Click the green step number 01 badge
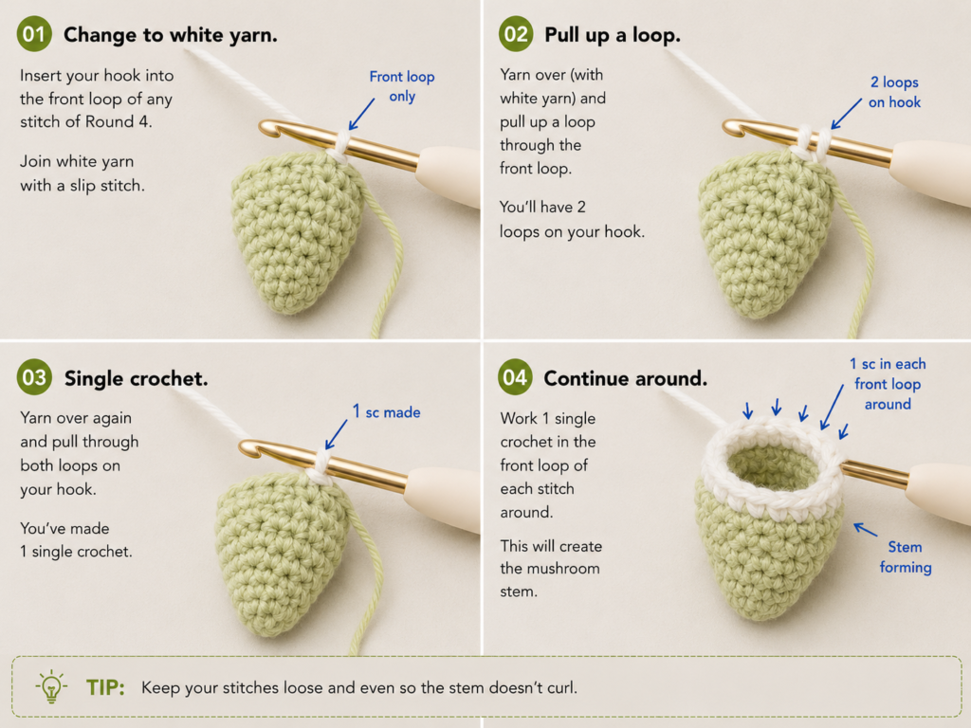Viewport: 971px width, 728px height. click(34, 34)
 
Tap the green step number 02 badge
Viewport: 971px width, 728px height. click(515, 34)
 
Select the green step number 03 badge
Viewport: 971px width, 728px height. click(34, 377)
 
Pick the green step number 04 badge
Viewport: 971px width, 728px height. click(515, 377)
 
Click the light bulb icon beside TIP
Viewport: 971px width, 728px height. click(51, 686)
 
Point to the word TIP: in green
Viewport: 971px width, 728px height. click(105, 687)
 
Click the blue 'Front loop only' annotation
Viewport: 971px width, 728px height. click(402, 86)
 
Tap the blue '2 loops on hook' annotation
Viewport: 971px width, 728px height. click(894, 92)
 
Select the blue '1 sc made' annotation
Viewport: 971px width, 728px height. click(387, 411)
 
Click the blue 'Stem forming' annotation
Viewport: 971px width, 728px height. click(906, 556)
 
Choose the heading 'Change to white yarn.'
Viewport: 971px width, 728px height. click(171, 35)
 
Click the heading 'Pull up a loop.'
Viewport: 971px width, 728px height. click(613, 35)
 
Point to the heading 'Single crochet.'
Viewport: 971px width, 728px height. click(137, 378)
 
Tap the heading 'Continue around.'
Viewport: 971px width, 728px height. click(626, 378)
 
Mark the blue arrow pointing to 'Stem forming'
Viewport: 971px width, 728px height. click(865, 529)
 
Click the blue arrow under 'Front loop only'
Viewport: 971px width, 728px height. click(361, 114)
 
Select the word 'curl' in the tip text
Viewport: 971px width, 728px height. click(559, 687)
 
